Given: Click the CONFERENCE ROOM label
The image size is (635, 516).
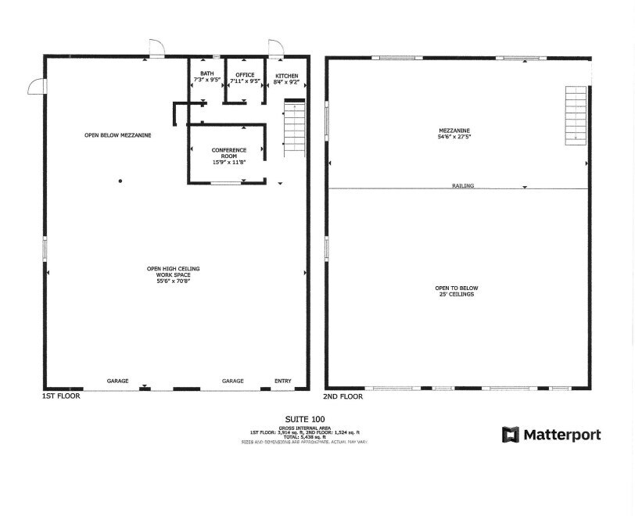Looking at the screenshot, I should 229,156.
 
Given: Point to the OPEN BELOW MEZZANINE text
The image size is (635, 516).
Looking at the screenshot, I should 117,135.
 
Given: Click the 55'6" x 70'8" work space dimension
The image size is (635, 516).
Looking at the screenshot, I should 174,281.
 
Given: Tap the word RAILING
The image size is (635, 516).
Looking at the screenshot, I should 463,185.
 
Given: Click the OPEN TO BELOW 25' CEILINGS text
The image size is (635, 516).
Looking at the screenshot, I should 455,291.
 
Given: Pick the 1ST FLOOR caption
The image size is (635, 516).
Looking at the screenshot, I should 61,396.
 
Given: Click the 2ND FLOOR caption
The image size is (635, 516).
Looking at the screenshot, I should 344,396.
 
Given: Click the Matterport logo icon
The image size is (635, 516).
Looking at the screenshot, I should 511,435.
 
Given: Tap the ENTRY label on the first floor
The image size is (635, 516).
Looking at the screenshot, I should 282,381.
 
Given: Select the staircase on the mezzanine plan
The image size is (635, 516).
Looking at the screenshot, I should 576,114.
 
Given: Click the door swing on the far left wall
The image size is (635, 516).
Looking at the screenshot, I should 36,85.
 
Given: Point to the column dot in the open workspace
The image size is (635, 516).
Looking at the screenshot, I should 120,181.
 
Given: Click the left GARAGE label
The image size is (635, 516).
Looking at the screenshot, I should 117,381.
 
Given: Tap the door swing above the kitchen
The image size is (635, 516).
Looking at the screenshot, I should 275,48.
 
